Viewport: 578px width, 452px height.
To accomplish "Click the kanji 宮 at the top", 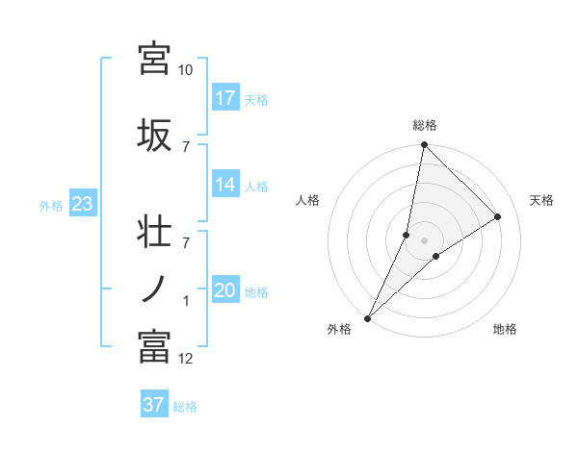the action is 155,59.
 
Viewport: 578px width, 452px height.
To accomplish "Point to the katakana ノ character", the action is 155,289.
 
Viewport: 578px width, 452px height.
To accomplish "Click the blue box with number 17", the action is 225,98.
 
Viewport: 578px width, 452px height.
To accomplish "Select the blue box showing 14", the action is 225,185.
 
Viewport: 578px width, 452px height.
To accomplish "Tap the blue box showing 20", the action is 225,291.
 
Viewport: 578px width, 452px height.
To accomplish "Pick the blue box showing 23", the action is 81,204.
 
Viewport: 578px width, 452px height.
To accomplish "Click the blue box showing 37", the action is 154,405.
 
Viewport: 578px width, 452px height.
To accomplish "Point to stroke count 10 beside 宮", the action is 186,70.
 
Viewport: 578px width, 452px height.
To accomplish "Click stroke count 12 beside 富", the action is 186,359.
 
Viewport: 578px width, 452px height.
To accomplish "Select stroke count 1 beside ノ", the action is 186,302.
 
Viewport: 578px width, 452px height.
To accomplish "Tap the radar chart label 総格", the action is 425,126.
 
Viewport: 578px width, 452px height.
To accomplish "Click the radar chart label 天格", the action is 542,200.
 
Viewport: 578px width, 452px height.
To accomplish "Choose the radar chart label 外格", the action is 339,329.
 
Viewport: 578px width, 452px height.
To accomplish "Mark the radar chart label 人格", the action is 307,200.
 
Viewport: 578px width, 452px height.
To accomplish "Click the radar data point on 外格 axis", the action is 368,317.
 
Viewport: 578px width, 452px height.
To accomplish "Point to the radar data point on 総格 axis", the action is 424,145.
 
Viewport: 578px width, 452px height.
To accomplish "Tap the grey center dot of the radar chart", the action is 424,240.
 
